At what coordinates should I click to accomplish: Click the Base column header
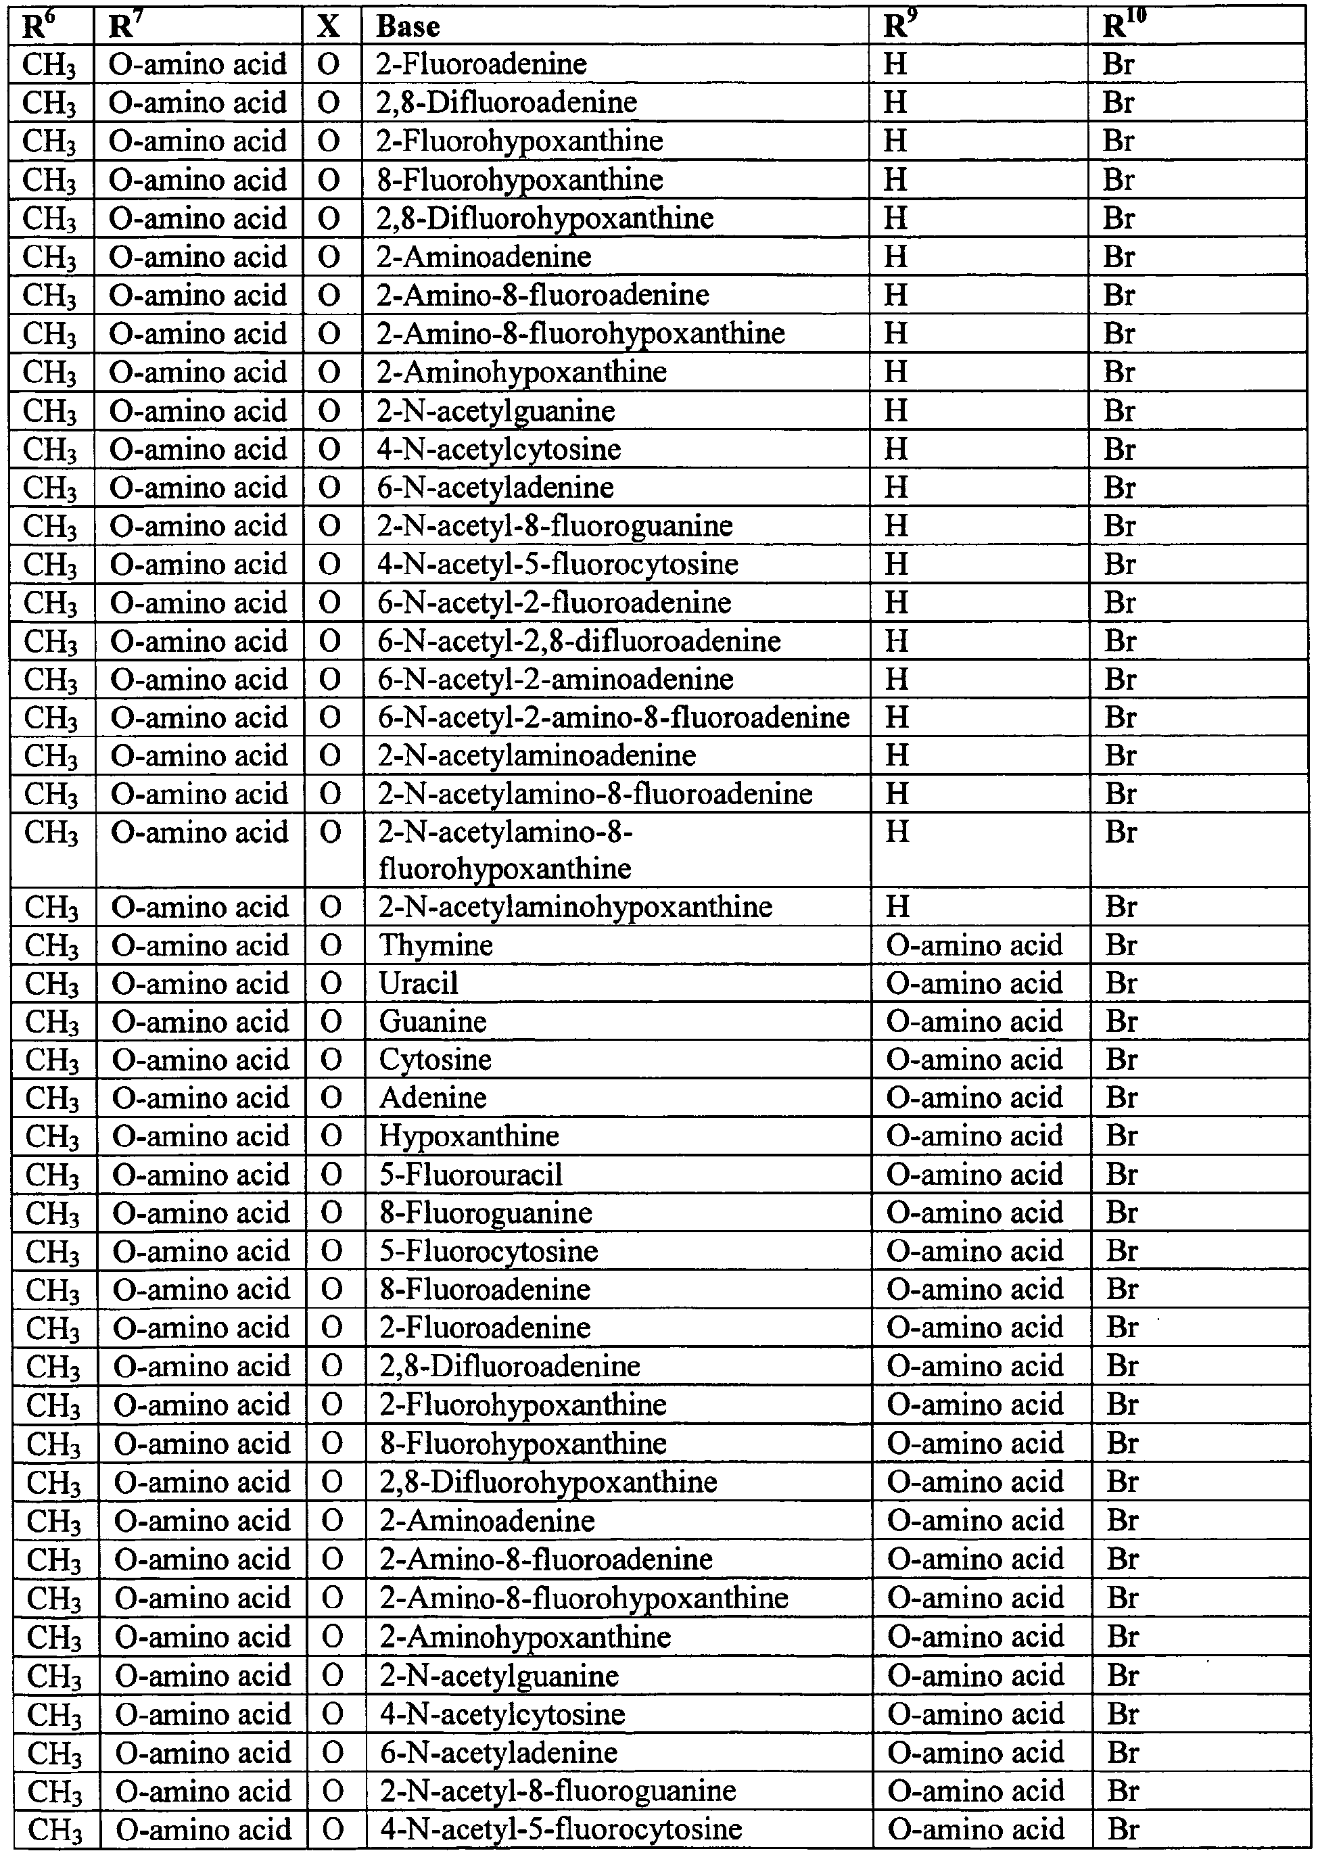coord(408,27)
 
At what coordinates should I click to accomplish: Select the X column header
coord(328,27)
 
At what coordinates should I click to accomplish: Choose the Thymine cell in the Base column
coord(436,945)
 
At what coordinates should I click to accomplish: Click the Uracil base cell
coord(419,984)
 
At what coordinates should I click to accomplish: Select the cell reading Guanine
coord(433,1022)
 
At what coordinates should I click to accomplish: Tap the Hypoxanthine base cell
coord(469,1136)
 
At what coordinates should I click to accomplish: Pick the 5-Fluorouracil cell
coord(471,1175)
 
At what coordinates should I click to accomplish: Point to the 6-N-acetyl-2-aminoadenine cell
coord(556,680)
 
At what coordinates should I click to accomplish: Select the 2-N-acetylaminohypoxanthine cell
coord(575,907)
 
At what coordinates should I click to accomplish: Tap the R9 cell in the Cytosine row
coord(974,1060)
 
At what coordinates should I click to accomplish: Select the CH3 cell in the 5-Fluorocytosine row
coord(53,1252)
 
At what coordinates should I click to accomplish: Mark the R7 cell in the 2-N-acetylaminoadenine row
coord(199,755)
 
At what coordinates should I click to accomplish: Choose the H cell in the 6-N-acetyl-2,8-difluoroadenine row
coord(896,641)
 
